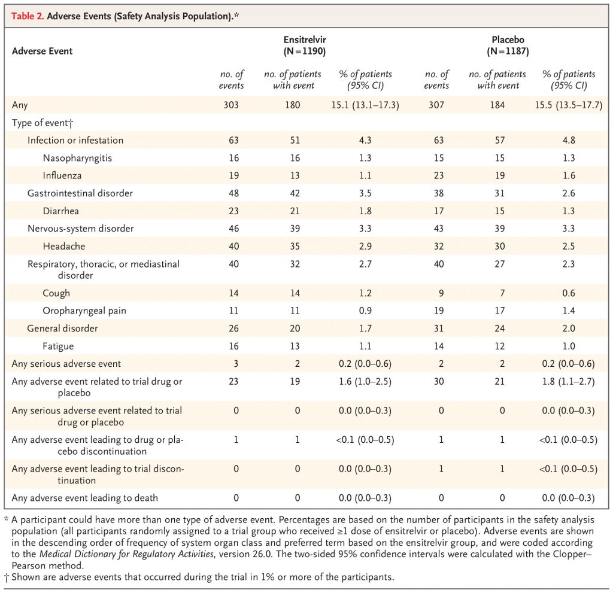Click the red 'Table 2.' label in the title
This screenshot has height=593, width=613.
point(28,16)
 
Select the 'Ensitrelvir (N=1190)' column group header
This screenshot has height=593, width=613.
point(305,45)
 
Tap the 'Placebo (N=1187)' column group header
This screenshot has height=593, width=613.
point(508,45)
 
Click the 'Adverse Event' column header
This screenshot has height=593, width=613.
point(43,51)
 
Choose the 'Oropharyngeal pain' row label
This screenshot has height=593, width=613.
point(84,311)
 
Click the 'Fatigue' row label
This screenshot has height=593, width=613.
point(58,346)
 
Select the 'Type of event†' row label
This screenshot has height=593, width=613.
point(43,123)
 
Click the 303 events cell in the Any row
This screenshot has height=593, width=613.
point(231,105)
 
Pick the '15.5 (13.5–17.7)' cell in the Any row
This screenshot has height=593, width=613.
point(569,105)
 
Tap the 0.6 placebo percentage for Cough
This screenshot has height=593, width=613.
point(569,293)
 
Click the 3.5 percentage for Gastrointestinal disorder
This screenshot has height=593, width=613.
point(365,193)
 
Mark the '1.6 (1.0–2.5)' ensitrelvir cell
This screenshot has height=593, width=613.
point(365,382)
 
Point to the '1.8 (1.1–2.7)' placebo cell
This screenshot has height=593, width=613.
point(569,382)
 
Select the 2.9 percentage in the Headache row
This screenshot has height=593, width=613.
point(365,247)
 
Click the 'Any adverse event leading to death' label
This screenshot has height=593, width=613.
point(85,498)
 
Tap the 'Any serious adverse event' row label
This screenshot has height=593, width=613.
point(66,364)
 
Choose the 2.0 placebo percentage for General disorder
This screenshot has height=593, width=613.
point(569,329)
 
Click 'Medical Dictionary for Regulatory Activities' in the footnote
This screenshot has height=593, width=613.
point(127,554)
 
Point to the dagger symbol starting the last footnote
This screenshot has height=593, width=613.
point(6,577)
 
